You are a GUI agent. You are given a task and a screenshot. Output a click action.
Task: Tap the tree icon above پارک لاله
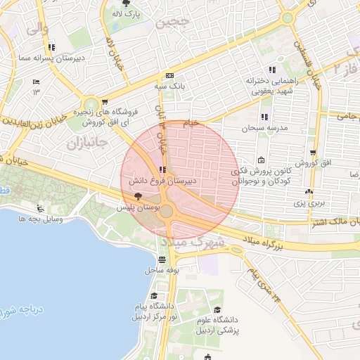click(x=127, y=3)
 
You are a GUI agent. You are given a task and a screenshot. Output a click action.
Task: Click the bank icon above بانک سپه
click(x=169, y=76)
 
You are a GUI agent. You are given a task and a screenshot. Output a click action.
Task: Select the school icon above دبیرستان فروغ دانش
click(x=163, y=169)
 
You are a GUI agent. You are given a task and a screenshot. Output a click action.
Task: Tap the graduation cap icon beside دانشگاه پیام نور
click(x=153, y=295)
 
